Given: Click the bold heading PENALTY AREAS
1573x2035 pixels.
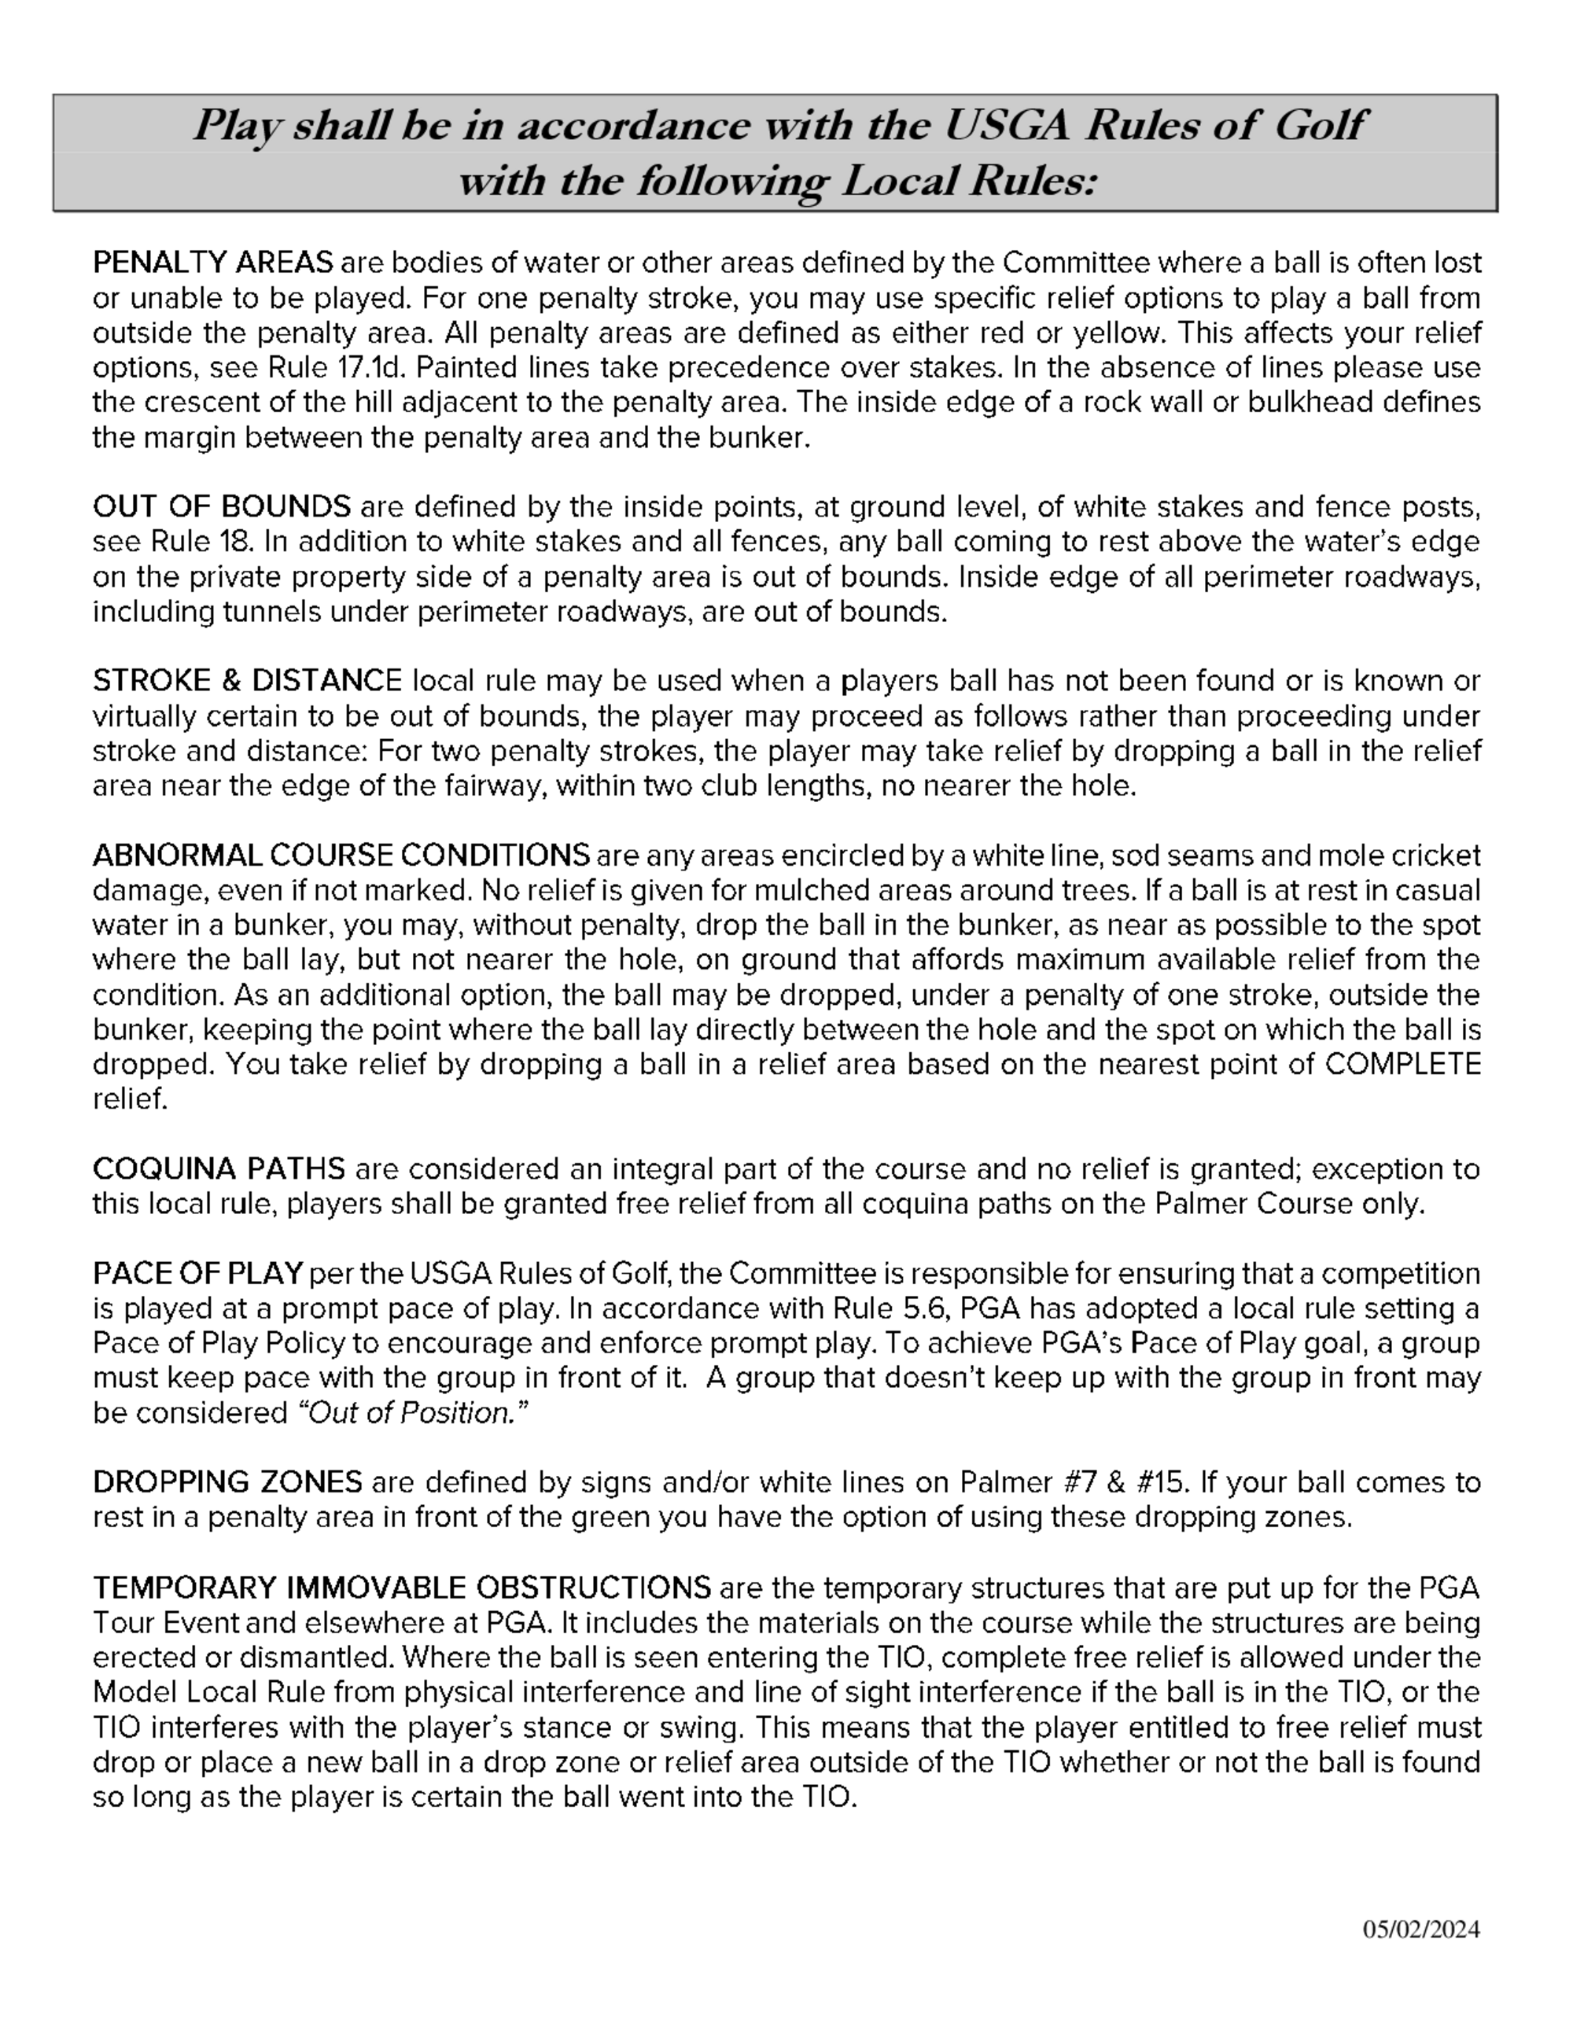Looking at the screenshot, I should pos(212,263).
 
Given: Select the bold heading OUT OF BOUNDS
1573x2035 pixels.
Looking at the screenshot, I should pos(222,507).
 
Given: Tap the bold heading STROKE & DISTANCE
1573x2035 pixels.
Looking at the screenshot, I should pos(247,681).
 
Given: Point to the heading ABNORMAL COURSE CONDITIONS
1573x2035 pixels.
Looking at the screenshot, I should pos(341,856).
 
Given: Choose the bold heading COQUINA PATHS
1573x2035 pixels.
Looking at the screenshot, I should pos(218,1168).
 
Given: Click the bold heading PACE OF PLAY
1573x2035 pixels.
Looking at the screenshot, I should pos(197,1273).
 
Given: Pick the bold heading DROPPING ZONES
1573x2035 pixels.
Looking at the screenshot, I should pos(227,1481).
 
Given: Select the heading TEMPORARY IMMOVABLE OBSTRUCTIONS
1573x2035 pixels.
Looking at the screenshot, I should pos(402,1587).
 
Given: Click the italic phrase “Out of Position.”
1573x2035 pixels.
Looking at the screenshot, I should pos(412,1414).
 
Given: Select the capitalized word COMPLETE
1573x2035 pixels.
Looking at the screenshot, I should pos(1402,1064).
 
